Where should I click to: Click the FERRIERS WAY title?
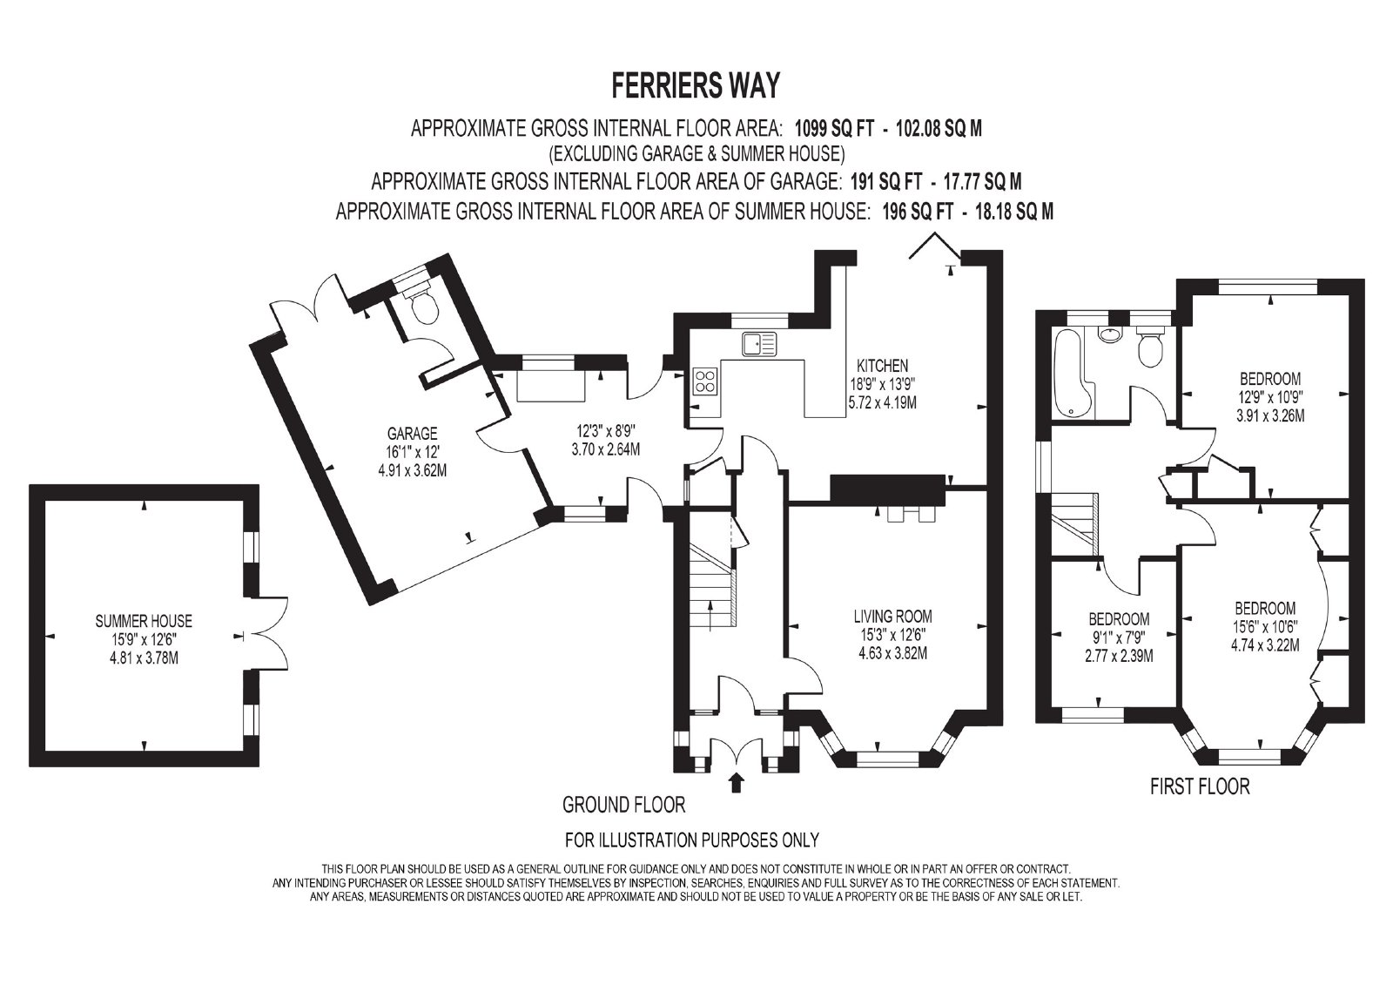click(696, 86)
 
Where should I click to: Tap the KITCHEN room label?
click(883, 365)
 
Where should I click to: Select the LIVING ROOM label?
click(892, 617)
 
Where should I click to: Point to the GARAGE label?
click(413, 433)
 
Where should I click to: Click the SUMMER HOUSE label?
click(144, 621)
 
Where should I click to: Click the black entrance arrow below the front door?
click(737, 782)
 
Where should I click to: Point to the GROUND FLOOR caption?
click(623, 806)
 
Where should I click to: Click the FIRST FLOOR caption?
click(1200, 786)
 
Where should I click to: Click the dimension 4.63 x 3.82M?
click(893, 653)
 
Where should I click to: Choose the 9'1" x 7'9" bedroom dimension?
click(1119, 638)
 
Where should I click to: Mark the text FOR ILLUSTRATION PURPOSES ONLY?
click(691, 840)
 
